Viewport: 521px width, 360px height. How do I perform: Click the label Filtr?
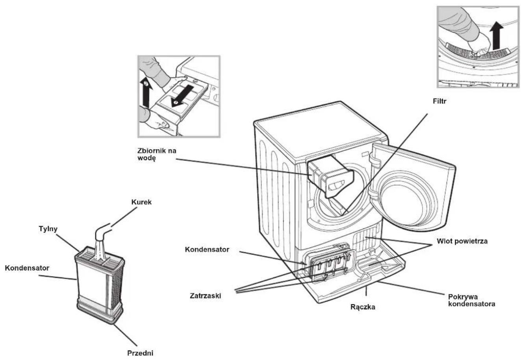439,102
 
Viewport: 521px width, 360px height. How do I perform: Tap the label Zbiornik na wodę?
157,154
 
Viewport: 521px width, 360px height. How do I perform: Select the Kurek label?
141,202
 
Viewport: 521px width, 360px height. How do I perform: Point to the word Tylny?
48,229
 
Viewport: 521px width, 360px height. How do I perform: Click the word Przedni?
140,353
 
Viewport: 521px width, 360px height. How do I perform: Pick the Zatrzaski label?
206,295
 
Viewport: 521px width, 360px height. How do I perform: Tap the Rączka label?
363,307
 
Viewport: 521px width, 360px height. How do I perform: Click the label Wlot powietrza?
462,241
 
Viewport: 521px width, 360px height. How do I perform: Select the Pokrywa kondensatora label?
472,300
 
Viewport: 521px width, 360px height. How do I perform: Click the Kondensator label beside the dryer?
207,249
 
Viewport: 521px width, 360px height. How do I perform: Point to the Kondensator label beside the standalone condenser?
27,268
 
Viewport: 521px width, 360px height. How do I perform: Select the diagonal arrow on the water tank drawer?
182,96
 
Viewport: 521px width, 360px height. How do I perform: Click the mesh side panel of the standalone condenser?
117,288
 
